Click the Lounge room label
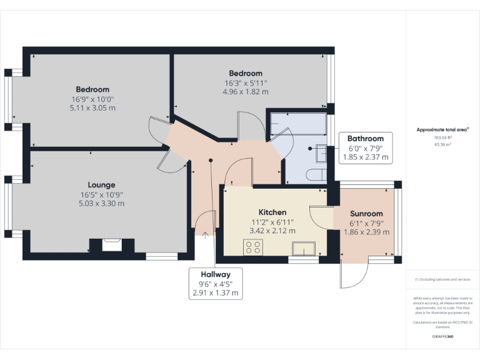[x=101, y=185]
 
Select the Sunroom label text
[x=367, y=214]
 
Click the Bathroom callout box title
[x=366, y=138]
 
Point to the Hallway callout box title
[x=216, y=274]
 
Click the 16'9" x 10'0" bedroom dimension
[x=92, y=99]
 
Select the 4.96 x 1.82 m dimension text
[x=246, y=92]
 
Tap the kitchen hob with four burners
[x=254, y=247]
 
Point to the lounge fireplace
[x=112, y=244]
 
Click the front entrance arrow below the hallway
[x=206, y=236]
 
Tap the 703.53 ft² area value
[x=442, y=137]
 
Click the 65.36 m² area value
[x=442, y=144]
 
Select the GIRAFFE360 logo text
[x=442, y=337]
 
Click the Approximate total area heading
[x=442, y=130]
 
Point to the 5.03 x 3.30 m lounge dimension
[x=101, y=203]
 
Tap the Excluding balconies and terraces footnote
[x=442, y=279]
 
